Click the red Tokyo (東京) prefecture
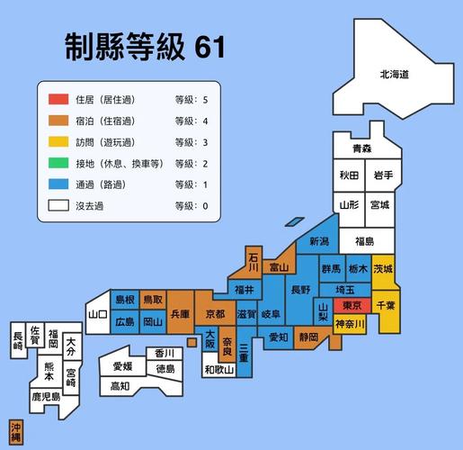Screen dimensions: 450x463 pos(346,306)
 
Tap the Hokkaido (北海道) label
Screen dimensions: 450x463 pos(394,76)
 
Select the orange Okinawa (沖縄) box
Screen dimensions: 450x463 pos(16,430)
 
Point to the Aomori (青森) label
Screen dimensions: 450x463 pos(361,148)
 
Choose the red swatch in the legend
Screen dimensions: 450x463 pos(58,98)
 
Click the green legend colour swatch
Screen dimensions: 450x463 pos(58,163)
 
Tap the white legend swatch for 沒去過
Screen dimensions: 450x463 pos(58,206)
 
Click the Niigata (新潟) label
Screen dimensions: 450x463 pos(319,241)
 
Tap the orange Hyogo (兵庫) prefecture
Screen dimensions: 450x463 pos(180,314)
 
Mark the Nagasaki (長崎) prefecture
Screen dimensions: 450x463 pos(18,339)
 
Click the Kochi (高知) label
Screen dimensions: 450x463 pos(120,386)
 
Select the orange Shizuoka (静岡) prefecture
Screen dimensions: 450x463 pos(309,337)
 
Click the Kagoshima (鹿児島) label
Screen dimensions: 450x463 pos(45,395)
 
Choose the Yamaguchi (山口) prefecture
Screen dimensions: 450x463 pos(98,314)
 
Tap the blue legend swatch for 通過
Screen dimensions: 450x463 pos(58,184)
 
